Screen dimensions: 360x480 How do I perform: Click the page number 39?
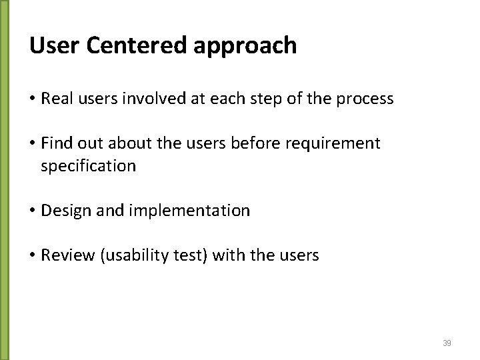447,343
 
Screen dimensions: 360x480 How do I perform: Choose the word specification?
88,166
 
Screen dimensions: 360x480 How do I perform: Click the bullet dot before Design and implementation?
32,211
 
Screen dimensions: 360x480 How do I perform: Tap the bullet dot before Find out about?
32,143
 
